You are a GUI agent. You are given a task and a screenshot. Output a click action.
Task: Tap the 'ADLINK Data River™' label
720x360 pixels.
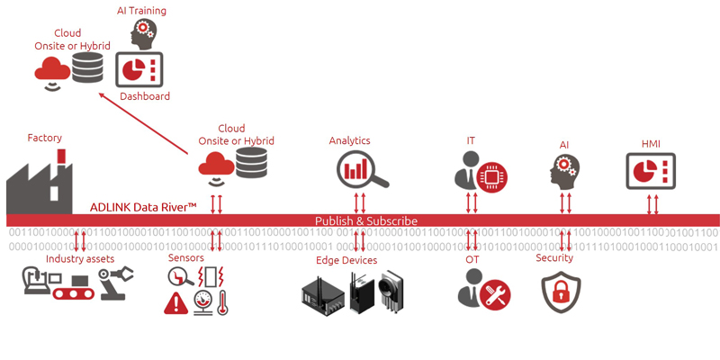pyautogui.click(x=143, y=207)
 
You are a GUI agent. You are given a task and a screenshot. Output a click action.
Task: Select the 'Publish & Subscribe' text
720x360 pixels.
pyautogui.click(x=365, y=220)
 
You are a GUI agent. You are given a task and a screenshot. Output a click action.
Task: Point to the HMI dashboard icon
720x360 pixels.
pyautogui.click(x=651, y=169)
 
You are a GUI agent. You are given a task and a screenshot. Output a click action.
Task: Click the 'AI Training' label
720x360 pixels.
pyautogui.click(x=142, y=11)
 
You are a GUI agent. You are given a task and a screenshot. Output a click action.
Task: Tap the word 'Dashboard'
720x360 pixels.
pyautogui.click(x=145, y=96)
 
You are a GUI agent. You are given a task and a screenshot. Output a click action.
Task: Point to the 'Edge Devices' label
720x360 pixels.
pyautogui.click(x=346, y=260)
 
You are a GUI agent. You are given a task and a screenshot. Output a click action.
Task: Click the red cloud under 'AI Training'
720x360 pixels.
pyautogui.click(x=53, y=68)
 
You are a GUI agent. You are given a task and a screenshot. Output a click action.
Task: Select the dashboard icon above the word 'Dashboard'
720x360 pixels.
pyautogui.click(x=139, y=69)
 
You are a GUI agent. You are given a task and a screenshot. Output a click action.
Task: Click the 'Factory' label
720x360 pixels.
pyautogui.click(x=45, y=138)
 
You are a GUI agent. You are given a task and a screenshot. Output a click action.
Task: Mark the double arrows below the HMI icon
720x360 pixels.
pyautogui.click(x=654, y=203)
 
